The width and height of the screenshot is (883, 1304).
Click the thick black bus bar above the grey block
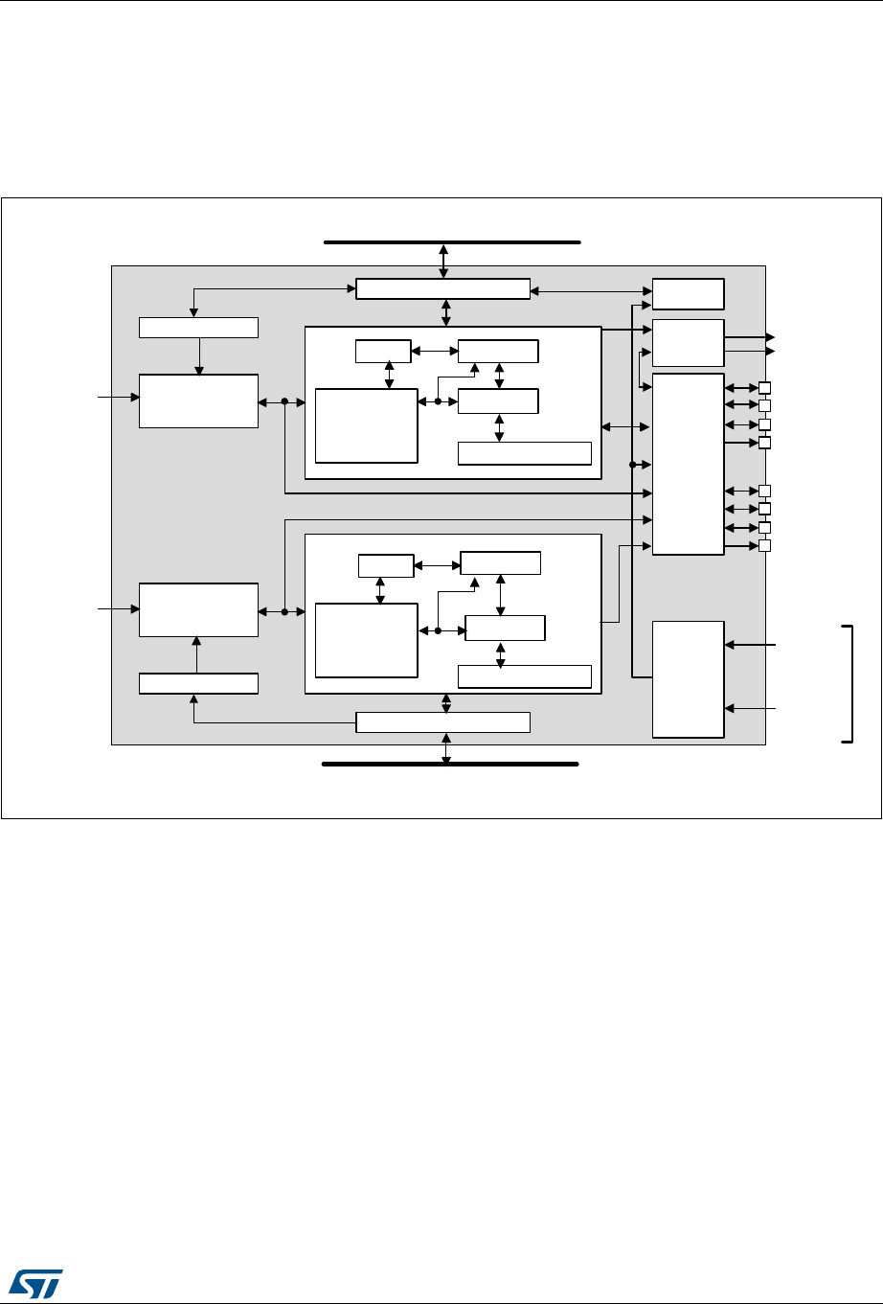click(x=452, y=243)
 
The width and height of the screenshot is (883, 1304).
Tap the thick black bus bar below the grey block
click(x=450, y=765)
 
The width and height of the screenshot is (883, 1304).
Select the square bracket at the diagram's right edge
click(x=849, y=682)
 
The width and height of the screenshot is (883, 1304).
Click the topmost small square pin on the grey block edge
click(x=764, y=388)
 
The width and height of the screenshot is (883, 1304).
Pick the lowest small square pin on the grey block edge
click(x=764, y=546)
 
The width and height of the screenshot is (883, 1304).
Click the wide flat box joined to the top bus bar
click(x=442, y=288)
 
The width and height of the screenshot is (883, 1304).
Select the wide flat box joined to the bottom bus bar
click(x=442, y=722)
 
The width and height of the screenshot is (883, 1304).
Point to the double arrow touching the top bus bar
click(x=443, y=262)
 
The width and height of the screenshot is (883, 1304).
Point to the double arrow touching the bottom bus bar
click(x=445, y=748)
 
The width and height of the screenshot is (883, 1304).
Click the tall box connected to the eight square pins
click(x=688, y=464)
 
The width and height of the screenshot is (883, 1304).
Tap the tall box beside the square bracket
click(x=688, y=678)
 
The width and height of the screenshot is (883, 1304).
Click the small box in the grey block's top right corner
click(x=688, y=293)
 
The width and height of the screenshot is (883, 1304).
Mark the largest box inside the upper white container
click(x=367, y=425)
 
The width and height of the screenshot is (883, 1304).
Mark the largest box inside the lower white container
click(x=367, y=640)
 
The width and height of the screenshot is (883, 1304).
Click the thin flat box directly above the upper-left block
click(x=198, y=327)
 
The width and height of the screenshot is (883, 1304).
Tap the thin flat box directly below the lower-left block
click(x=198, y=683)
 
